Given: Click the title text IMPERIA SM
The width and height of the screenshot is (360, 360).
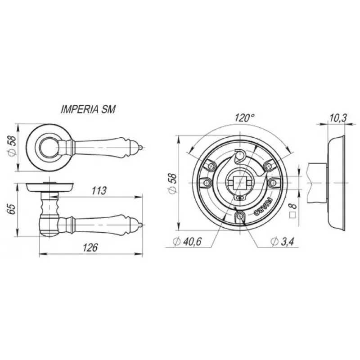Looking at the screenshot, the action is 88,109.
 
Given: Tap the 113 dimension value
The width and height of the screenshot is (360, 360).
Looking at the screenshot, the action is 99,191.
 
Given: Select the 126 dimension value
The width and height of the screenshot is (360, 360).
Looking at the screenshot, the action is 90,247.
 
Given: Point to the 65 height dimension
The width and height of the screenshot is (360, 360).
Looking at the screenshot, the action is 12,209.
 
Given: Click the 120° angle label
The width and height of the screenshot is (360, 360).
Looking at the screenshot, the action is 244,118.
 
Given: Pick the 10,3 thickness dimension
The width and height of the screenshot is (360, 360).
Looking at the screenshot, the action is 338,118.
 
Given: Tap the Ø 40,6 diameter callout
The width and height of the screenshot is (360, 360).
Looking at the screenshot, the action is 187,241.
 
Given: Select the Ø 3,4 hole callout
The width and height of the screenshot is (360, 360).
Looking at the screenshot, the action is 282,241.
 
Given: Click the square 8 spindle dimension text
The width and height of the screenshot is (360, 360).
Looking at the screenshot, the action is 293,210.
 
